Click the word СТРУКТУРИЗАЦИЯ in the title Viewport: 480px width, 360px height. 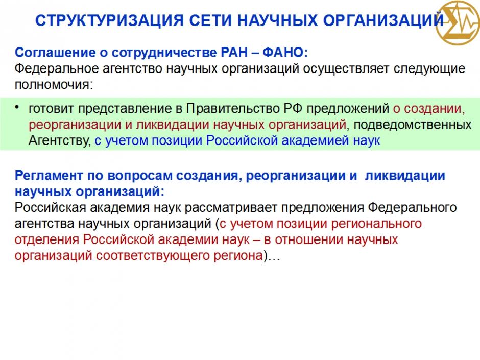click(110, 20)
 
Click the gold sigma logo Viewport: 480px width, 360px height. click(458, 23)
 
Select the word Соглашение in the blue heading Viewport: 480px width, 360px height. click(55, 53)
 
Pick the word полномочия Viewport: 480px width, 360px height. click(53, 84)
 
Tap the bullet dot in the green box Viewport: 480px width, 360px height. click(17, 107)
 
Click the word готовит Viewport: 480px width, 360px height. click(51, 109)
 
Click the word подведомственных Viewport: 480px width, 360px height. click(413, 125)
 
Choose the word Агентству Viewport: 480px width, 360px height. click(60, 141)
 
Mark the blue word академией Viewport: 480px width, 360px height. click(315, 141)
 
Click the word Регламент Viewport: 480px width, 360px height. click(49, 176)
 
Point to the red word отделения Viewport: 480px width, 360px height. click(47, 239)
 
